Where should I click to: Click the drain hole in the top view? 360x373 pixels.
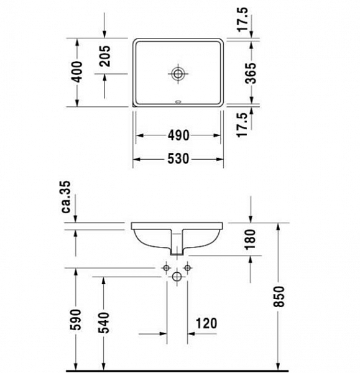tap(178, 74)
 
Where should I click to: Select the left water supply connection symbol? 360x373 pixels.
tap(166, 268)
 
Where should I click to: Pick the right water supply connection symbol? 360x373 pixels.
tap(189, 268)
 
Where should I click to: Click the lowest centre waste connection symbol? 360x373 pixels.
tap(178, 277)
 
